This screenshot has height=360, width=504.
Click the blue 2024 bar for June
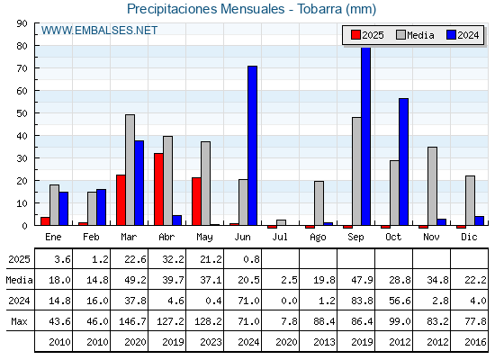coord(252,146)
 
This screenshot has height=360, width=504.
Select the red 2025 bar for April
coord(158,189)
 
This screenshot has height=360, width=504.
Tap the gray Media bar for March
coord(130,170)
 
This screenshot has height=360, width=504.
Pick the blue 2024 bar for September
coord(365,136)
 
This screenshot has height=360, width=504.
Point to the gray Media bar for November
coord(432,186)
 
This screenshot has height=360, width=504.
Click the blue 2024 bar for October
coord(404,162)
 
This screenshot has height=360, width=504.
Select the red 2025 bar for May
coord(196,202)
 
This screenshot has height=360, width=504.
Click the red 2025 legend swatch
coord(355,35)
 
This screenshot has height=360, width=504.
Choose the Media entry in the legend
coord(415,35)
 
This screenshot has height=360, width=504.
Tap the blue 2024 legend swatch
coord(451,35)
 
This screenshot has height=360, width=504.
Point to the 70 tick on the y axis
coord(22,68)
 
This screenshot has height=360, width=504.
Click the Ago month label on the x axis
coord(318,238)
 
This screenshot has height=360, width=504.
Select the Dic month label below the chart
coord(469,237)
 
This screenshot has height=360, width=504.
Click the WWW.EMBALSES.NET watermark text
coord(99,31)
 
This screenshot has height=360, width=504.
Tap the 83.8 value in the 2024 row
coord(362,301)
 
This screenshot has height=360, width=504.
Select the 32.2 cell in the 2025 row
coord(173,259)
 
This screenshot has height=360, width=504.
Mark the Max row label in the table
coord(19,321)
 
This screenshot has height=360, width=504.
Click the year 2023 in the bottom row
coord(211,342)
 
